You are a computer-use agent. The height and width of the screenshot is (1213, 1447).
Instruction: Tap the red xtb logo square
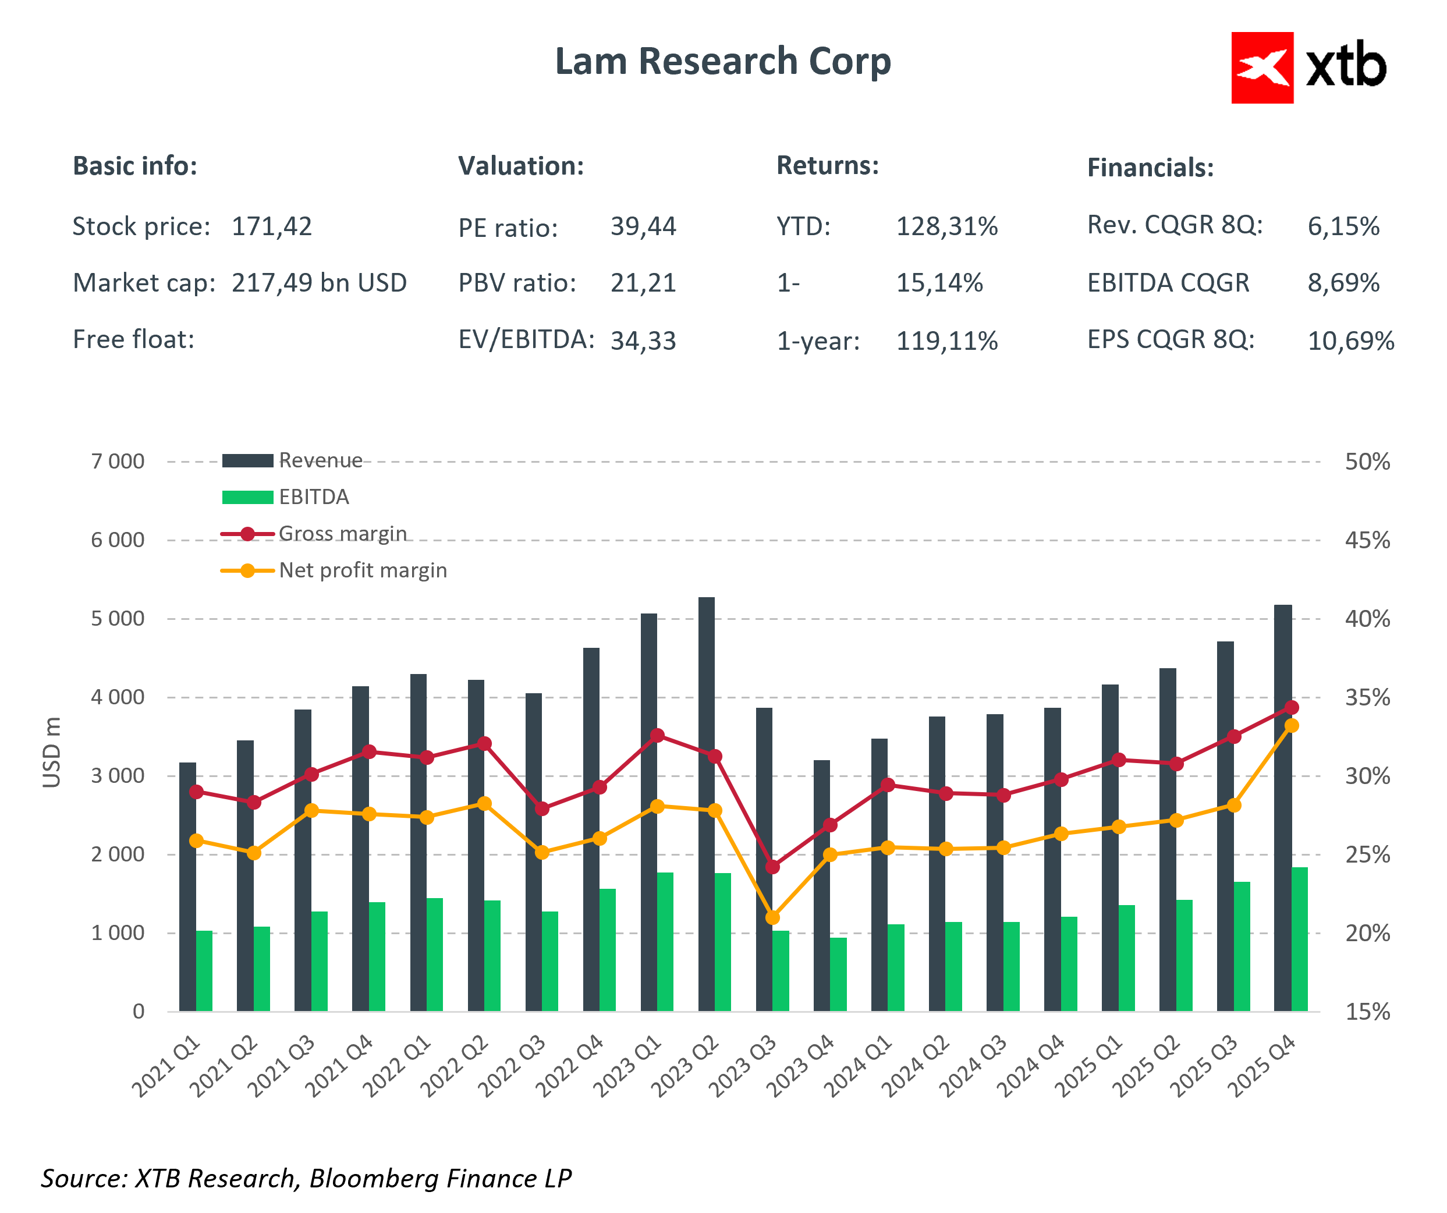(1262, 68)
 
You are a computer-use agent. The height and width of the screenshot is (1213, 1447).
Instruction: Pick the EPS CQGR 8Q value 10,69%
(1350, 341)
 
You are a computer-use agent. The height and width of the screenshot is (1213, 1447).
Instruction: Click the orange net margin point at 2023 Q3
(772, 918)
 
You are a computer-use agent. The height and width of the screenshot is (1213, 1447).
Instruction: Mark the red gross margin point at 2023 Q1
(657, 735)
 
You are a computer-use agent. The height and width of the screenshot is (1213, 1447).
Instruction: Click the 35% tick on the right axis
(1367, 698)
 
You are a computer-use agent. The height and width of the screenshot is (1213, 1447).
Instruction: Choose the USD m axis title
(52, 752)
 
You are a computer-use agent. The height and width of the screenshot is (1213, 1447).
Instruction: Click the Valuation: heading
(521, 166)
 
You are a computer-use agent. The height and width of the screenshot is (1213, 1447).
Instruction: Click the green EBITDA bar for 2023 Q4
(838, 974)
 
